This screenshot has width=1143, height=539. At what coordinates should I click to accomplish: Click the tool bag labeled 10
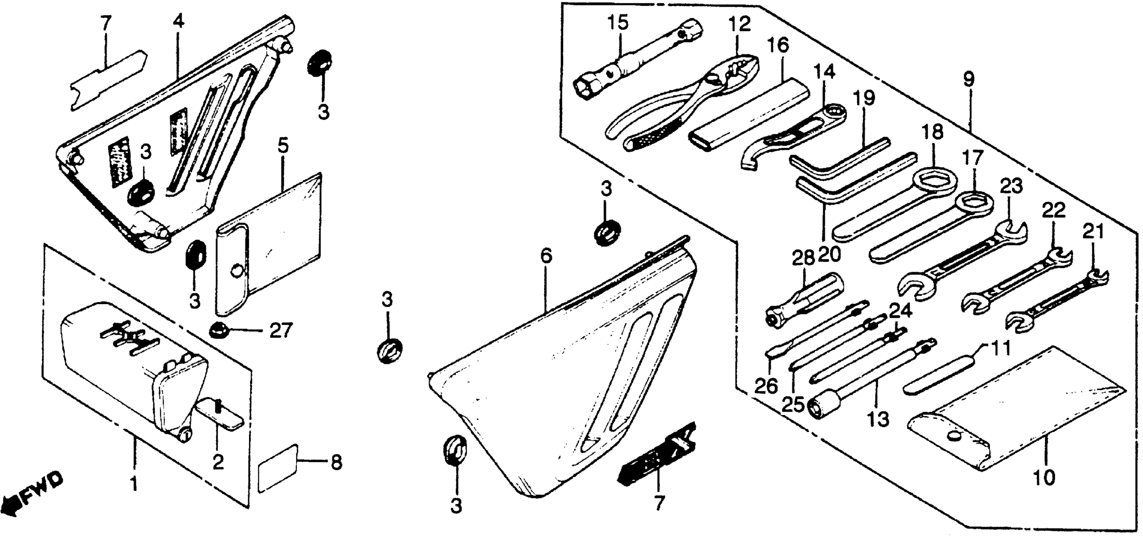pos(1016,426)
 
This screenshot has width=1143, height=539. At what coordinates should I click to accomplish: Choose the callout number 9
pos(969,80)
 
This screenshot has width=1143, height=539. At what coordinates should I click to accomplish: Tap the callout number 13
pos(878,419)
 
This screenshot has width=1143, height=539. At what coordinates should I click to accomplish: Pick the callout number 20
pos(829,254)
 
